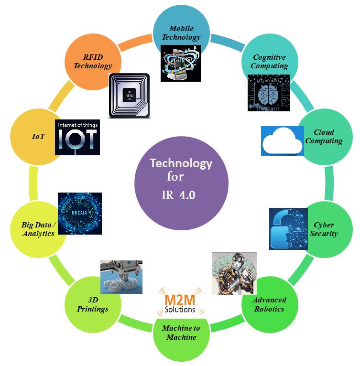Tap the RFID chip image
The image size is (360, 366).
(x=129, y=95)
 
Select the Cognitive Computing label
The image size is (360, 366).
(x=269, y=62)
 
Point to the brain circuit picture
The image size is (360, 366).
(x=268, y=93)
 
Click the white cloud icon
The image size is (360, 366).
(x=283, y=141)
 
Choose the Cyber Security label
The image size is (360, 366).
(x=324, y=229)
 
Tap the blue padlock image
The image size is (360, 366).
(x=288, y=228)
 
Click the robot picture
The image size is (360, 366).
(x=234, y=274)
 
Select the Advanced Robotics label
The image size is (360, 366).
(x=269, y=304)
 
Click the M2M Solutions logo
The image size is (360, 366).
(x=180, y=301)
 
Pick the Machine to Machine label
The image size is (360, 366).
(x=181, y=333)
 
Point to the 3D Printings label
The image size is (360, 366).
(x=93, y=304)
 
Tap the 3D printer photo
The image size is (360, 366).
(x=121, y=277)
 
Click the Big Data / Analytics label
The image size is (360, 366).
(x=38, y=229)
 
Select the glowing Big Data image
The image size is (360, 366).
(x=79, y=213)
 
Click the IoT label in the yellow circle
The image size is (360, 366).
(x=38, y=136)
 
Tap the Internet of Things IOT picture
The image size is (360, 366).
(x=77, y=137)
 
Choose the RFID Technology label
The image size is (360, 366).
(x=93, y=62)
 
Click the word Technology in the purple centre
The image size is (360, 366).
(x=181, y=163)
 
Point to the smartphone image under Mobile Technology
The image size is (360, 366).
(x=180, y=63)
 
